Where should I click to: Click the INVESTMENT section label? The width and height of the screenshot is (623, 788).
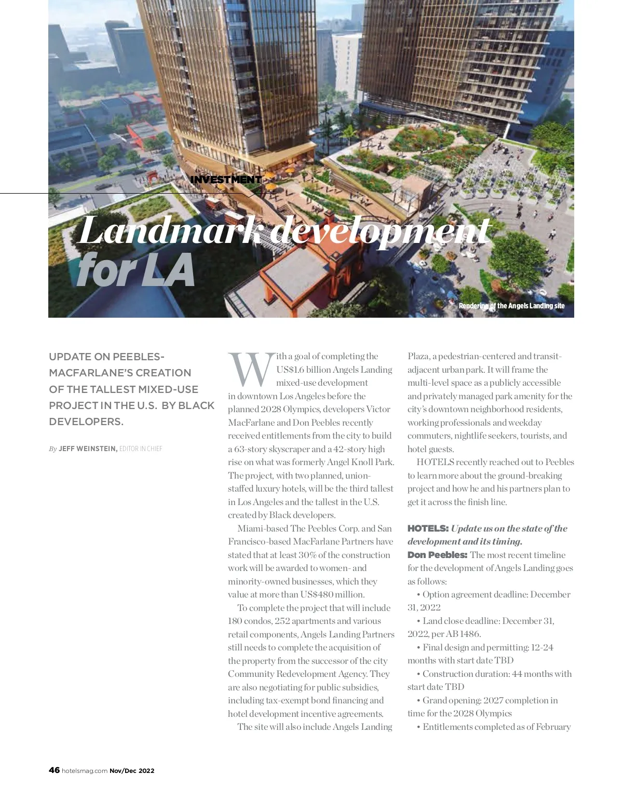[226, 180]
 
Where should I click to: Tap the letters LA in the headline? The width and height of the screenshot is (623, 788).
[167, 270]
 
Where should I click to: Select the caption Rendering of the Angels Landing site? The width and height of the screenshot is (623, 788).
[511, 306]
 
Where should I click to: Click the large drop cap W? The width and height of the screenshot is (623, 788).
[251, 369]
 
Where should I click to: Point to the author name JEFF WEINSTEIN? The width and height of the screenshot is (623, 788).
[88, 449]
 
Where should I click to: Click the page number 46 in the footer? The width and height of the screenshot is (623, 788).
[54, 770]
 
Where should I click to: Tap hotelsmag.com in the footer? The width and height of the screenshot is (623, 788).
[85, 771]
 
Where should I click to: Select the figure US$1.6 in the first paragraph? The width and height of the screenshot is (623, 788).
[290, 370]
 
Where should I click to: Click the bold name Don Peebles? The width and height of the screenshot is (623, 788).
[437, 555]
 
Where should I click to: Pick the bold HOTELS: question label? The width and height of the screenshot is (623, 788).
[428, 528]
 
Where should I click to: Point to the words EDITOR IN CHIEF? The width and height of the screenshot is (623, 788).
[141, 449]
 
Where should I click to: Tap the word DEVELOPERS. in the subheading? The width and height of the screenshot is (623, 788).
[86, 422]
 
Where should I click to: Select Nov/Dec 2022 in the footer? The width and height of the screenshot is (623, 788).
[132, 771]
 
